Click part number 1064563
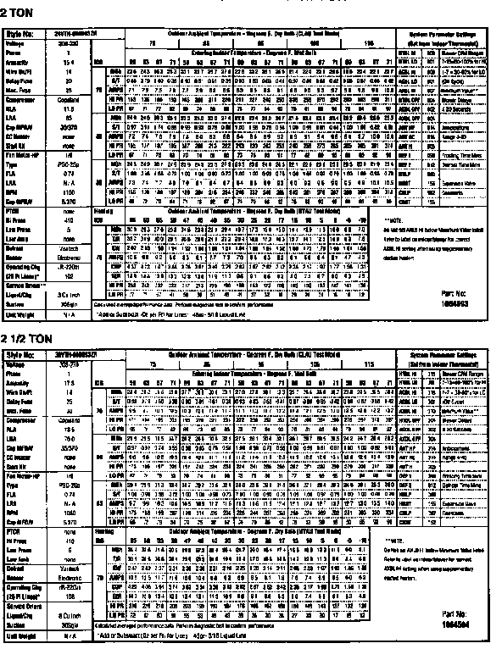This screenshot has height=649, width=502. click(x=456, y=300)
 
